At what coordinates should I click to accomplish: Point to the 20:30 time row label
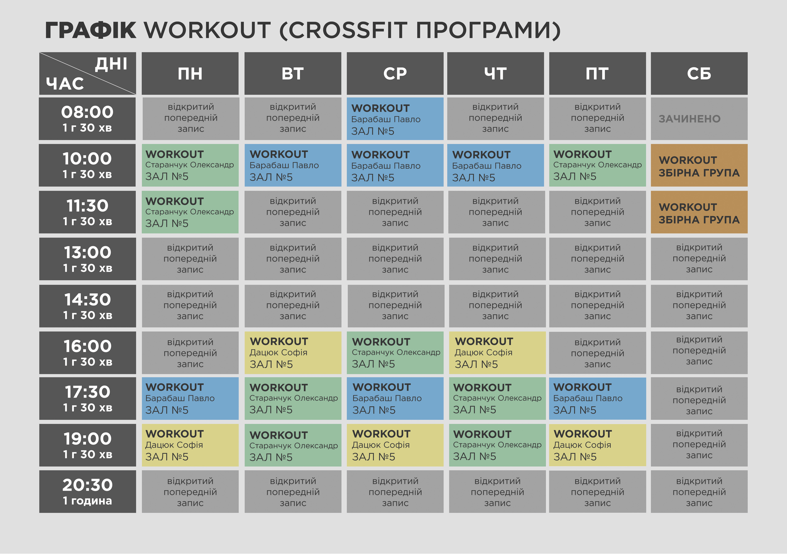click(x=87, y=491)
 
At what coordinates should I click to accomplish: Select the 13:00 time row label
click(x=87, y=259)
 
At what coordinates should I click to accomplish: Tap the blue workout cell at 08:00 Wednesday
click(x=395, y=119)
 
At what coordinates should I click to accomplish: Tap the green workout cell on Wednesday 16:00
click(x=395, y=353)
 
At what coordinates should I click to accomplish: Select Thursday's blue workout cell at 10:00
click(x=495, y=165)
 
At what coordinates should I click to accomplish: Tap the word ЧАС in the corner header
click(x=65, y=84)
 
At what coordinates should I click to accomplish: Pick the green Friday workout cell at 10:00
click(x=597, y=165)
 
